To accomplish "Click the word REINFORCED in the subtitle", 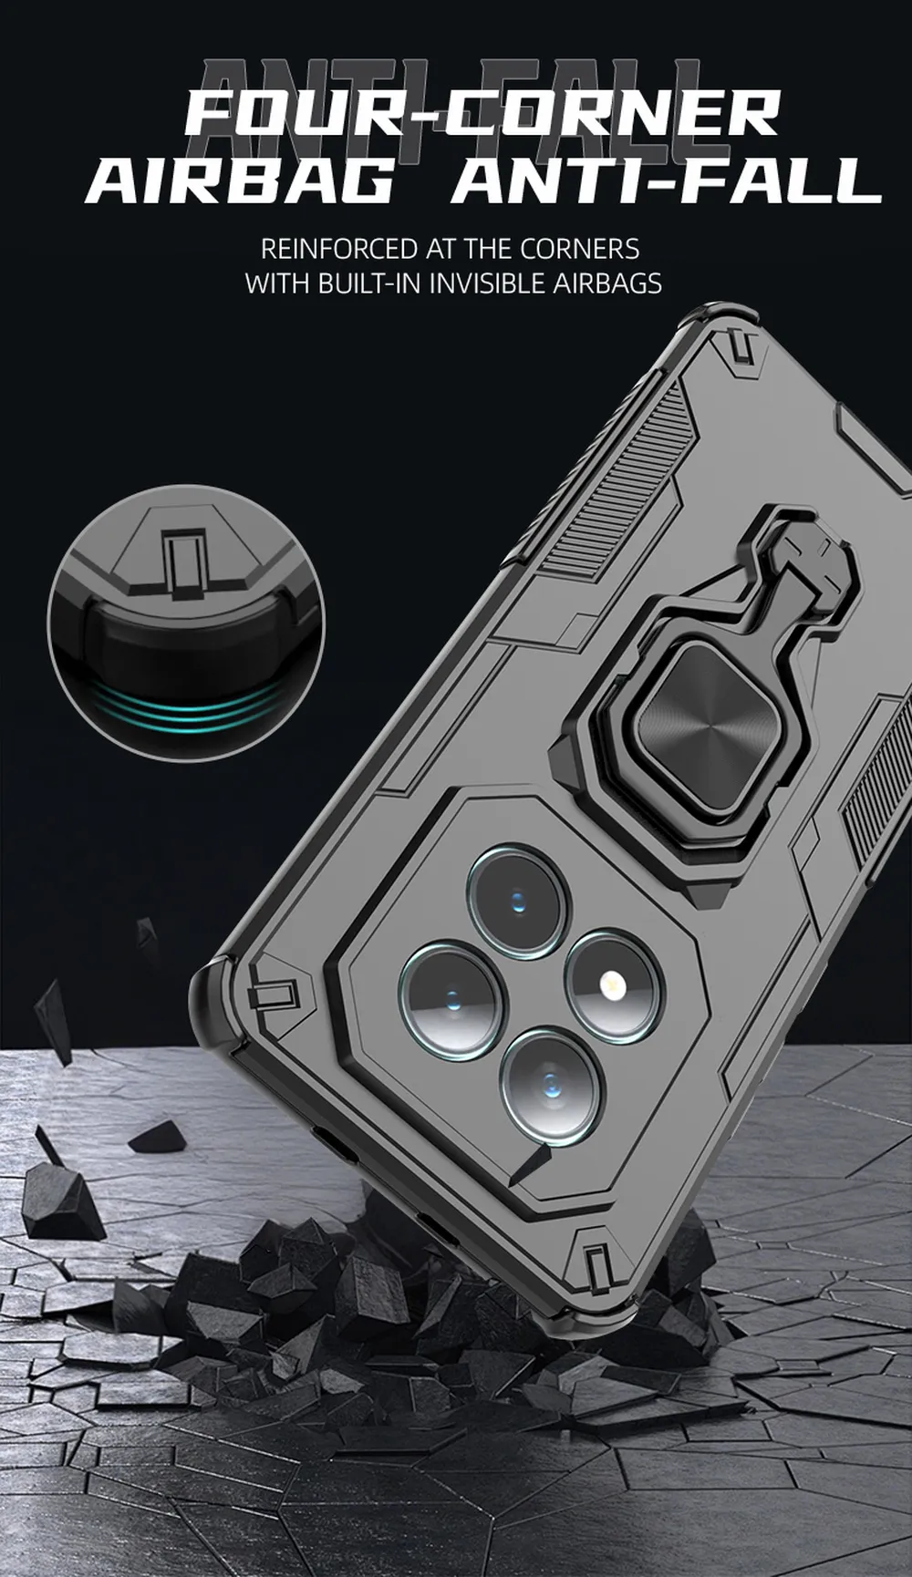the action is click(x=338, y=249).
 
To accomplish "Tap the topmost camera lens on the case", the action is click(x=513, y=893).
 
